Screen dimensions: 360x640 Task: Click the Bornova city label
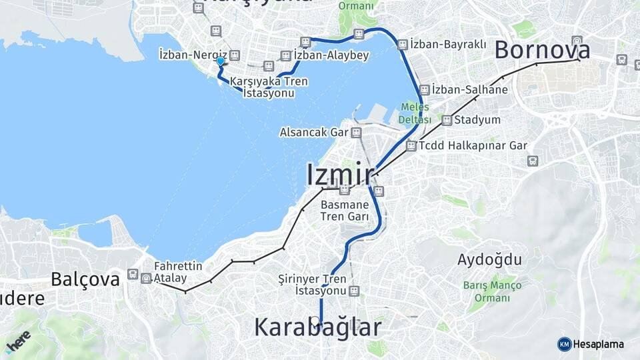pos(542,50)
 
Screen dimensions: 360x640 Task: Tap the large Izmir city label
pos(340,174)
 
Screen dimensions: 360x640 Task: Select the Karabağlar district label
pos(317,327)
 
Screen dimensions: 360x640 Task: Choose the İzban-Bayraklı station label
pos(443,44)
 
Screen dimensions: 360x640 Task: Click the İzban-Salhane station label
pos(469,89)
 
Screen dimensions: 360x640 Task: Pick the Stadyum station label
pos(477,120)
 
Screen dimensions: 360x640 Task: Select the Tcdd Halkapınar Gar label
pos(473,145)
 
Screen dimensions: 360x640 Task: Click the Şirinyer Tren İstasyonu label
pos(312,285)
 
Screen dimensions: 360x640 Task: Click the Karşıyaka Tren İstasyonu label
pos(269,87)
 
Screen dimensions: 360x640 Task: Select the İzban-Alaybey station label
pos(331,55)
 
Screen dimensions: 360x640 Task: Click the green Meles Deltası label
pos(415,113)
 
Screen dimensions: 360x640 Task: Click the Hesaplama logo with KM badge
pos(591,344)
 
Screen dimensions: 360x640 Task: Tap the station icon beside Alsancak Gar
pos(357,132)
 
